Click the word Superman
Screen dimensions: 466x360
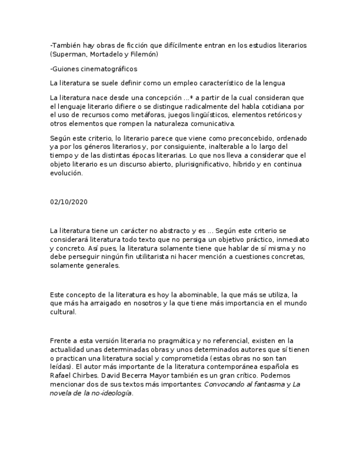68,54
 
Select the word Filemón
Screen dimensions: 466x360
144,54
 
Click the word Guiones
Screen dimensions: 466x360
65,69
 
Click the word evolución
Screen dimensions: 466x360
65,173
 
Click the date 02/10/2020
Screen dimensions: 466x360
68,202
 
